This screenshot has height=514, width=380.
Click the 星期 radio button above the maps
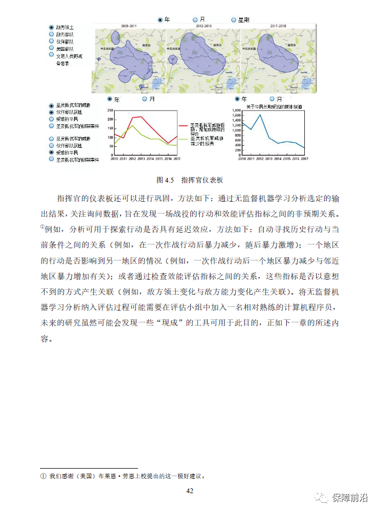[234, 20]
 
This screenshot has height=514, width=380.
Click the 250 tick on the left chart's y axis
[110, 110]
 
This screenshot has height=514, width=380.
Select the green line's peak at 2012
[133, 125]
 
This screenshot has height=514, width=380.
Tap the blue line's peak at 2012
[260, 115]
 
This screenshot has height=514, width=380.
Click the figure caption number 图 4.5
[166, 180]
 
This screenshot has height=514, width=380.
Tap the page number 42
[189, 491]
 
